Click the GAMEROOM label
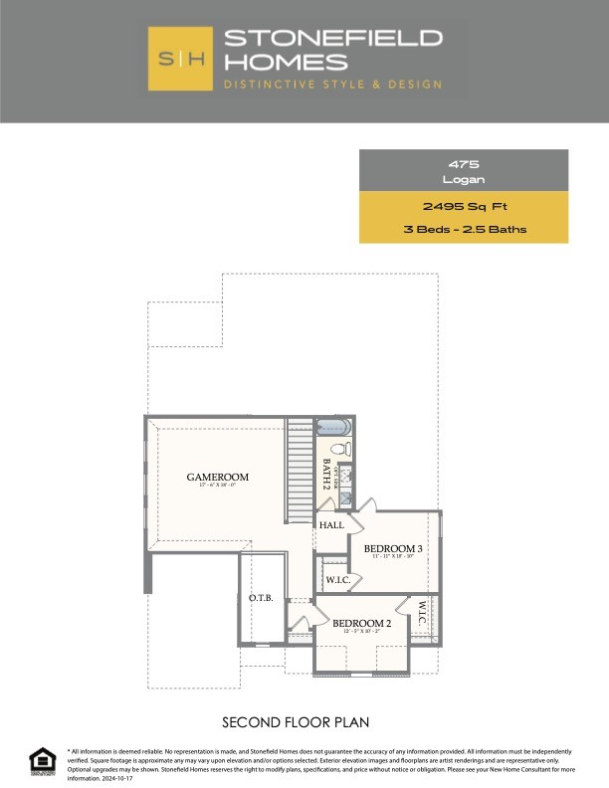(x=218, y=478)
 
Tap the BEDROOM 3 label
(x=393, y=549)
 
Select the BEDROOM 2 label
(x=362, y=624)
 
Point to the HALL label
(x=332, y=525)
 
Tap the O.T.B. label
(x=261, y=599)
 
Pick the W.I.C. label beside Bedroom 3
(x=335, y=578)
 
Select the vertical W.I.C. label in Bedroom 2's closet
(x=422, y=614)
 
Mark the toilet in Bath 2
(x=339, y=450)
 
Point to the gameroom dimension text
(x=218, y=487)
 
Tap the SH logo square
(x=180, y=59)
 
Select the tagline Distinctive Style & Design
(x=332, y=85)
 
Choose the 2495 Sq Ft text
(x=464, y=207)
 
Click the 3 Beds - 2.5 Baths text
(x=464, y=230)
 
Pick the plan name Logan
(x=464, y=179)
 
